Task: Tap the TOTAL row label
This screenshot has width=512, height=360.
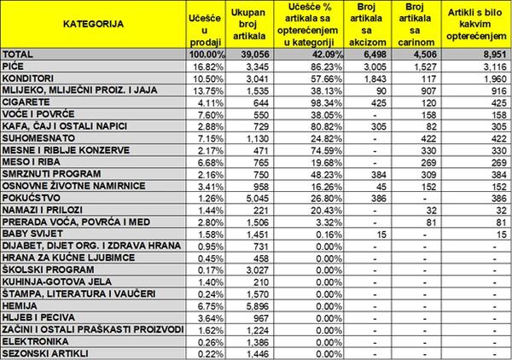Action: coord(20,52)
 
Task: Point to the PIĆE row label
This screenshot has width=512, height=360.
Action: coord(15,65)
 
